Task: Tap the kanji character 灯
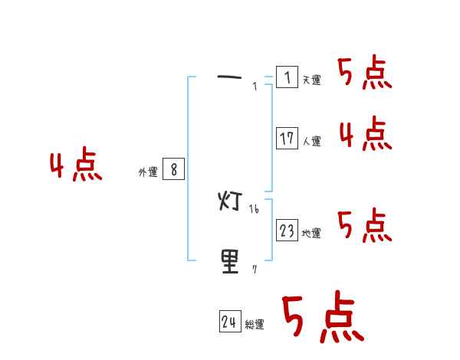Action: pos(230,201)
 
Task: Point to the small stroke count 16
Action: pos(255,209)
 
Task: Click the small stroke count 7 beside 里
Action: pos(255,270)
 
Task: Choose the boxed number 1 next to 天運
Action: pos(287,77)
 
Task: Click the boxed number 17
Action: pos(287,139)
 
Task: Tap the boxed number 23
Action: pos(287,231)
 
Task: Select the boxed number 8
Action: pos(174,170)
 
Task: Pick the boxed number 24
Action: pos(229,322)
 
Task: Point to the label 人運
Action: pos(311,142)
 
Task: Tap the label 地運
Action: pos(311,234)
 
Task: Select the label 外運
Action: pos(148,173)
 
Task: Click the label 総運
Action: pos(255,326)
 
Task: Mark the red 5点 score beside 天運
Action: pos(364,74)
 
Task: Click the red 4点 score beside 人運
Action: pos(365,135)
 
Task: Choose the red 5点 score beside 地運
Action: pos(364,226)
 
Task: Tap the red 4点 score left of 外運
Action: pos(76,168)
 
